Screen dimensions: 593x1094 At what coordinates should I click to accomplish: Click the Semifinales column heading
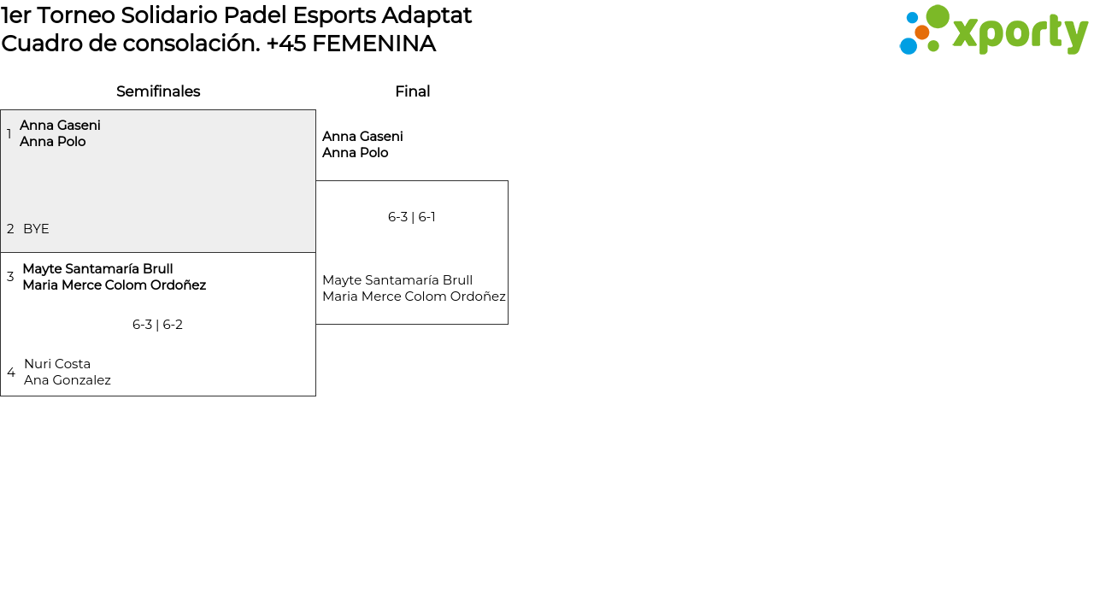click(x=158, y=91)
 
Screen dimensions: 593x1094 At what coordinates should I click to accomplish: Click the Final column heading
click(x=412, y=91)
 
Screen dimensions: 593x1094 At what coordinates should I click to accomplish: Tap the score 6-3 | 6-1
click(x=412, y=217)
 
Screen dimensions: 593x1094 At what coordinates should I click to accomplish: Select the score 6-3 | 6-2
click(x=157, y=325)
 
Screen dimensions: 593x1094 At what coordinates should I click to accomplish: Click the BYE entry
click(x=36, y=229)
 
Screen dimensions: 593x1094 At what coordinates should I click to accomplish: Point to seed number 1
click(x=9, y=134)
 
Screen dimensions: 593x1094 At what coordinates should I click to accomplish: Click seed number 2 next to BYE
click(x=10, y=229)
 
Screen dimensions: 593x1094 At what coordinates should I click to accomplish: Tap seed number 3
click(x=10, y=277)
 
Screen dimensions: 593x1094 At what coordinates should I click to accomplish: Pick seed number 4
click(x=11, y=373)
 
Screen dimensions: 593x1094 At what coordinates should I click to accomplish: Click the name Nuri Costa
click(x=57, y=364)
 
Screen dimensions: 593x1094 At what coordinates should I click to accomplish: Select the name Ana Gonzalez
click(x=68, y=380)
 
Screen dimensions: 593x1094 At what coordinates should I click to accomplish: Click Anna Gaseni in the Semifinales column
click(x=60, y=126)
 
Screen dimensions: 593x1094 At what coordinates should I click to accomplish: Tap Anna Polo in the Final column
click(x=355, y=153)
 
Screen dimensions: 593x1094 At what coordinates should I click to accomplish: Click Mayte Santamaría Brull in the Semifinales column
click(x=97, y=269)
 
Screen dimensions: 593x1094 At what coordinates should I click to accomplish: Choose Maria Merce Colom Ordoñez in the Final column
click(x=414, y=296)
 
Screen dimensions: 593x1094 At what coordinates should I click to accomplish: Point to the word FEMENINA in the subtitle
click(x=373, y=44)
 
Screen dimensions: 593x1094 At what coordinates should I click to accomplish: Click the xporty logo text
click(x=1020, y=33)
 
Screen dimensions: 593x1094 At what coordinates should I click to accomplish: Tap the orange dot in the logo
click(x=921, y=32)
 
